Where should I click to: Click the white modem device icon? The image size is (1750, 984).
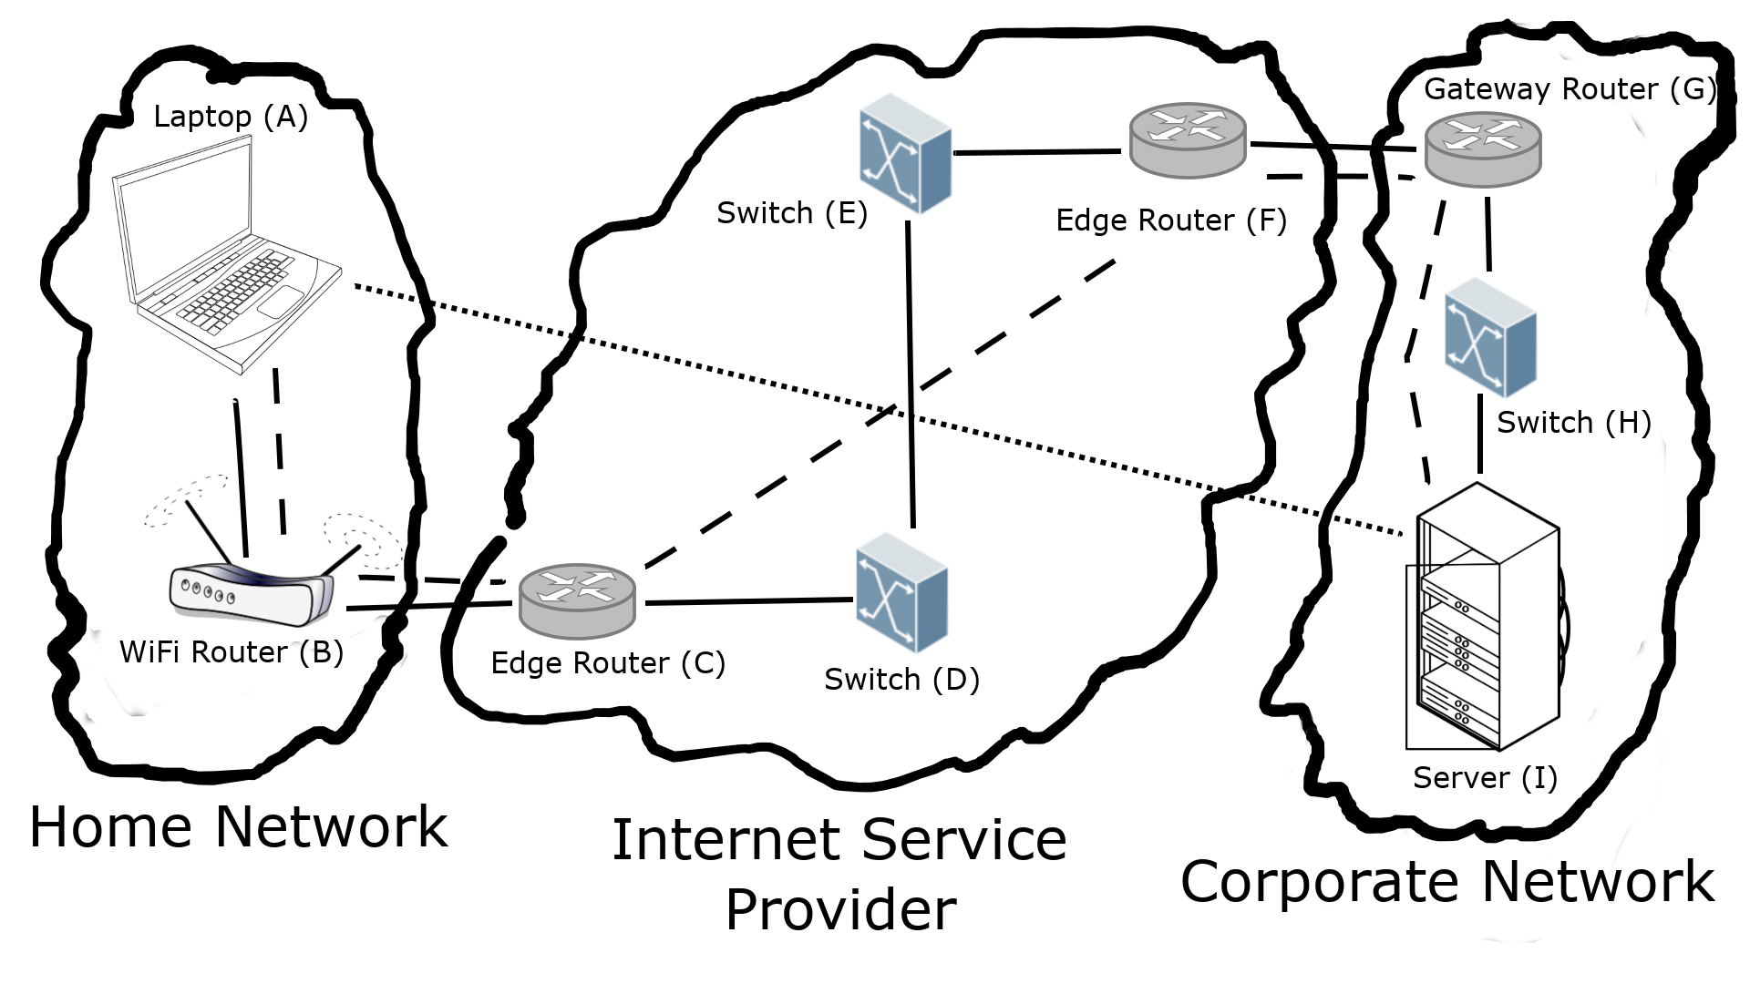[251, 594]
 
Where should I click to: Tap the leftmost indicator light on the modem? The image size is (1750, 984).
[185, 585]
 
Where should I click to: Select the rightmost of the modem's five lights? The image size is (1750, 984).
[232, 599]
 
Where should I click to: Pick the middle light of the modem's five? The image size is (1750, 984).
[208, 592]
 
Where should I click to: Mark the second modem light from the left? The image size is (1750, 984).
[196, 589]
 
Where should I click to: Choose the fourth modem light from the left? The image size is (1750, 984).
[220, 596]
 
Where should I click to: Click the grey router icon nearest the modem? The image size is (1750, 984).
[577, 600]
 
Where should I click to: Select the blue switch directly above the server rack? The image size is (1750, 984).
[1490, 337]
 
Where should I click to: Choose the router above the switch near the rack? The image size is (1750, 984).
[1483, 149]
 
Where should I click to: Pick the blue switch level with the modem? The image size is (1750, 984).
[901, 592]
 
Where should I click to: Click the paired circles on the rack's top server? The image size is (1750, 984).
[1461, 605]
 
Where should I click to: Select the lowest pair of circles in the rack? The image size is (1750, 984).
[1461, 716]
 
